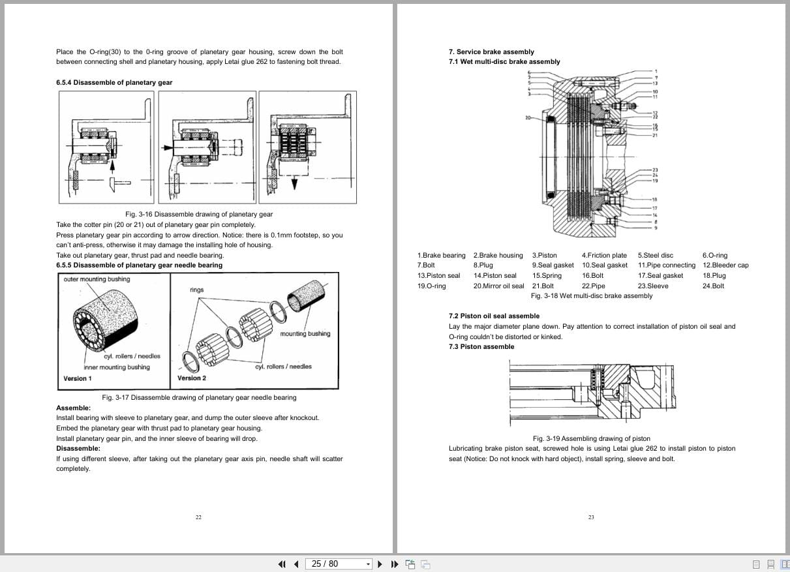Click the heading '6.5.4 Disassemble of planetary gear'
[114, 83]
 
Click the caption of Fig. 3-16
[199, 214]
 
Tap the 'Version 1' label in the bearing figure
[78, 378]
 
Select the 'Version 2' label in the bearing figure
[192, 378]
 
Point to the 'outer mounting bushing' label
[97, 279]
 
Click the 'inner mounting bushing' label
[117, 367]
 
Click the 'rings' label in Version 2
[197, 290]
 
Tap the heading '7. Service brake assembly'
[491, 52]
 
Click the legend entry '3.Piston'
[545, 255]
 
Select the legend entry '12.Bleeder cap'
[725, 265]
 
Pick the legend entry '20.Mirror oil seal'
[498, 286]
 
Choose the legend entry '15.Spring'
[547, 276]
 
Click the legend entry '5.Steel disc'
[656, 255]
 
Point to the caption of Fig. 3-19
[591, 438]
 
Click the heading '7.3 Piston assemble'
[481, 346]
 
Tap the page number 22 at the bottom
[198, 517]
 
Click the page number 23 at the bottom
[591, 517]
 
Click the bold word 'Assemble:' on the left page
[73, 408]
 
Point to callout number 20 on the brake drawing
[528, 118]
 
